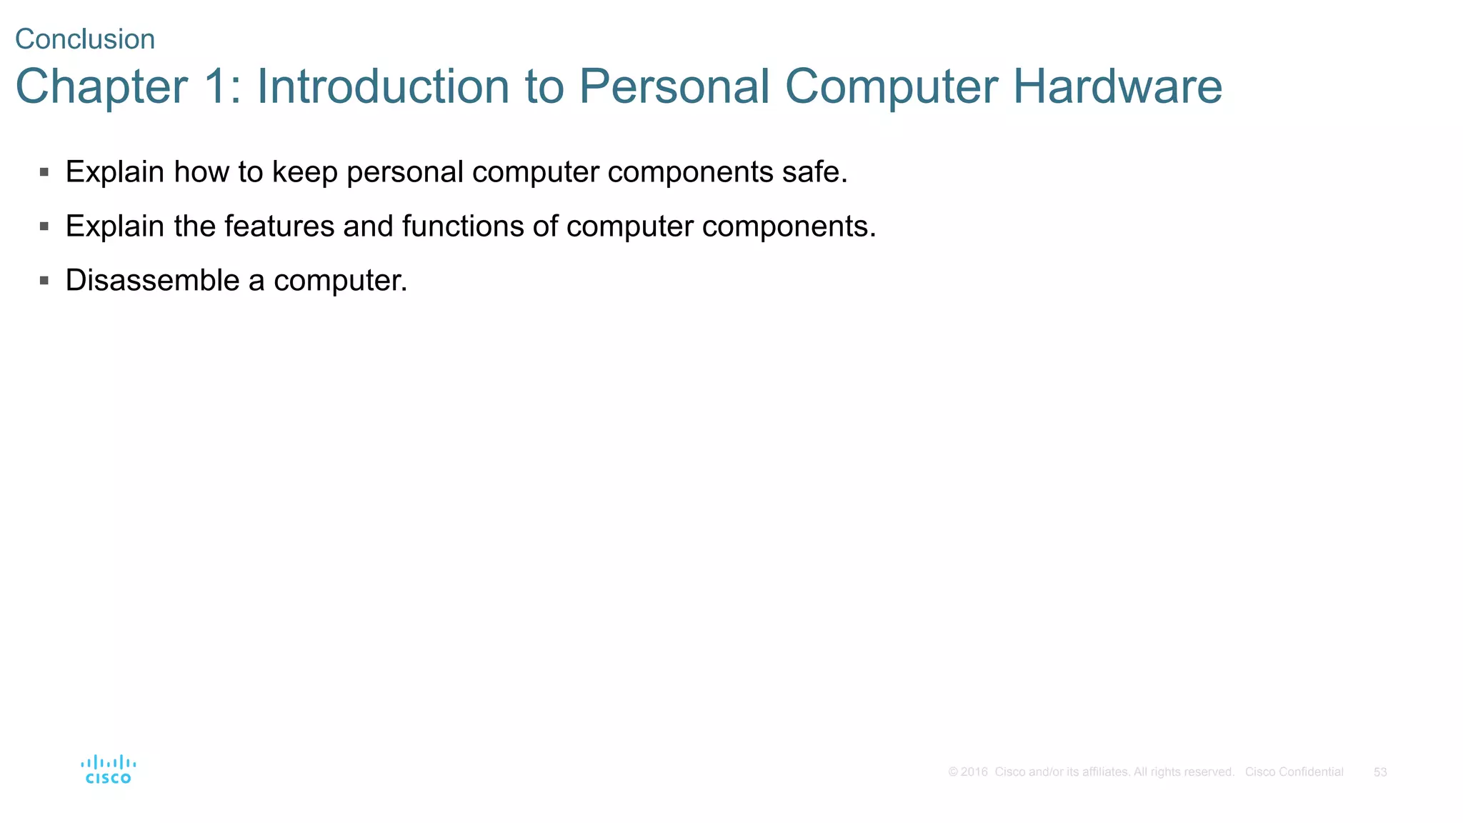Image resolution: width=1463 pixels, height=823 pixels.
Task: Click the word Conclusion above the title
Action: tap(85, 39)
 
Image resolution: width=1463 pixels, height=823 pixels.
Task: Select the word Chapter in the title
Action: tap(101, 87)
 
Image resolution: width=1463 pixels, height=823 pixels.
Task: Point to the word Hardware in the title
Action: tap(1117, 87)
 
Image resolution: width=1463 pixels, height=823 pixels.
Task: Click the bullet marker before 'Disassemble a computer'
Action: tap(44, 281)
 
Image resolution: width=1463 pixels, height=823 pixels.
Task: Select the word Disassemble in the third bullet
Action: tap(152, 280)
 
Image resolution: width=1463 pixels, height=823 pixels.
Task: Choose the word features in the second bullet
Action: tap(279, 226)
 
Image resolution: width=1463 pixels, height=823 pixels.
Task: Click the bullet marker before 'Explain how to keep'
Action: tap(44, 172)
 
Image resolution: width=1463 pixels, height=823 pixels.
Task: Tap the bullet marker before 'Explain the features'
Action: tap(44, 226)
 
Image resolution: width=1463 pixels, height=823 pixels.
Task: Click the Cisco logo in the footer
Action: tap(108, 769)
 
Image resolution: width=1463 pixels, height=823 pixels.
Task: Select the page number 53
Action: tap(1380, 772)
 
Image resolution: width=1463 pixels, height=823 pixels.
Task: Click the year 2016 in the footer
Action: tap(974, 772)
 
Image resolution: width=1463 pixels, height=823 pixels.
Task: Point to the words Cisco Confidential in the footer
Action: tap(1294, 772)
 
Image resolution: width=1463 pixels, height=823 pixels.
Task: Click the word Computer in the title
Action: tap(891, 87)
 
